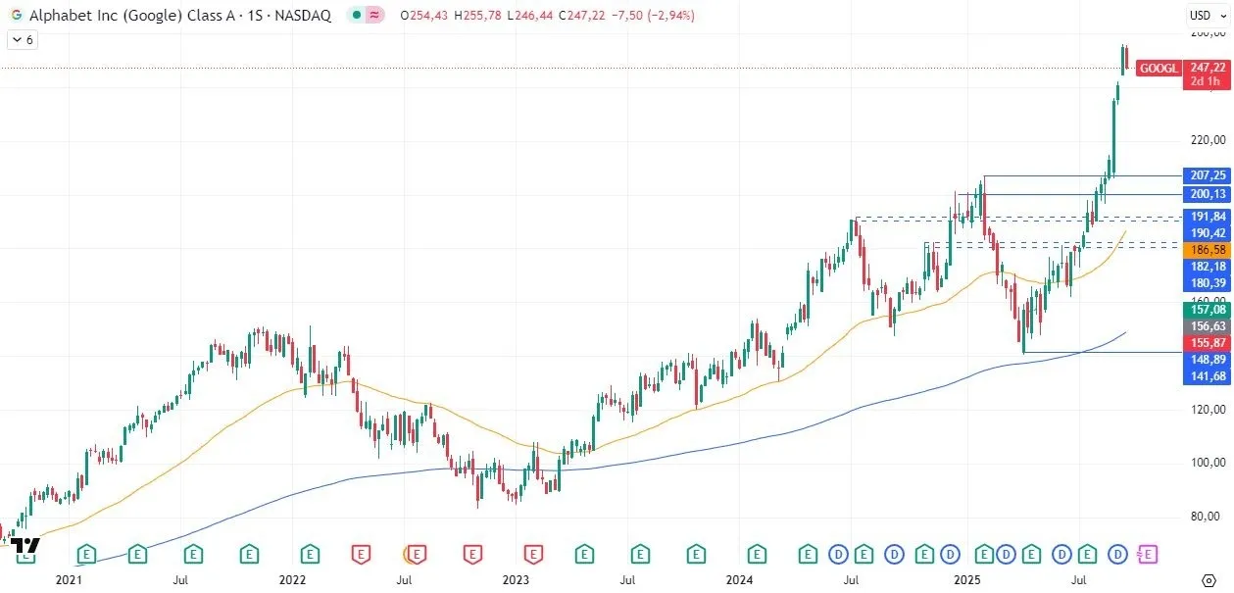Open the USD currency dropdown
point(1204,15)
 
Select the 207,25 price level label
point(1207,175)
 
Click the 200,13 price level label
point(1207,195)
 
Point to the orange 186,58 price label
point(1207,250)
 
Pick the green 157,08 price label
point(1207,310)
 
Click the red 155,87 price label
point(1207,343)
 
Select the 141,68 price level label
point(1207,376)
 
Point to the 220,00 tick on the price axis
point(1207,140)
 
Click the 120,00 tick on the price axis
point(1207,410)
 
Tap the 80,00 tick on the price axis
point(1207,517)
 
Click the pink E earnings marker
point(1149,555)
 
